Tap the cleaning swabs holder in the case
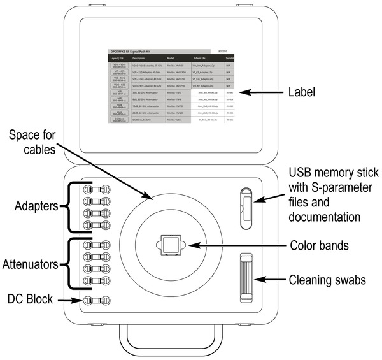[246, 278]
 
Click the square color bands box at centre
[170, 244]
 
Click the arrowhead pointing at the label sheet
[249, 93]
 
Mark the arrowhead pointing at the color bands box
[191, 245]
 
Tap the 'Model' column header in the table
[170, 58]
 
